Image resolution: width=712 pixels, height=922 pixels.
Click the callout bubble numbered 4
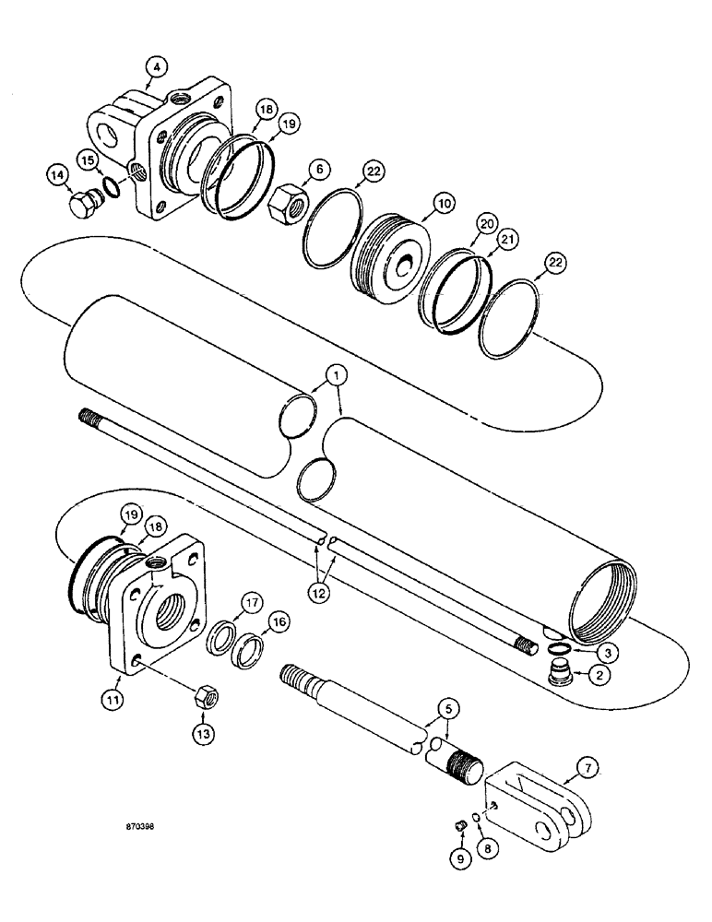coord(158,67)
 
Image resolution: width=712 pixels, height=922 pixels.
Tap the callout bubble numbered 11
coord(113,701)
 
